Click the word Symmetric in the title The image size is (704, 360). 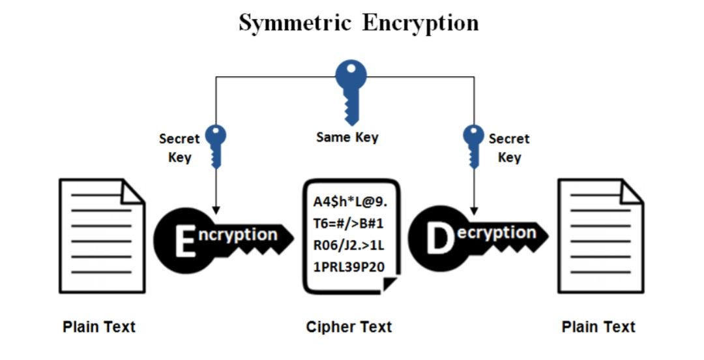295,23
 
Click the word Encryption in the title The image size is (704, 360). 420,23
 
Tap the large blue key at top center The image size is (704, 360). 351,88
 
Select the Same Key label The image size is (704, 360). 347,138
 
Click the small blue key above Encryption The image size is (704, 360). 216,145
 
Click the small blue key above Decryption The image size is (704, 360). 473,145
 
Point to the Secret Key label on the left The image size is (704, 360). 179,148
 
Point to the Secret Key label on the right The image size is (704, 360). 508,148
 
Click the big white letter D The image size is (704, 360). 439,239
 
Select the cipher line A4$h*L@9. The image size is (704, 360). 350,202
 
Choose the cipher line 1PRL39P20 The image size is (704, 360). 349,268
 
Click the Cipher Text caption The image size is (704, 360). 349,327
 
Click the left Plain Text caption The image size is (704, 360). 99,327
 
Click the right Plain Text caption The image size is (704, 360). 598,327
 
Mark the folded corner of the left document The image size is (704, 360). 133,191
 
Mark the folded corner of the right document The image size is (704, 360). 632,191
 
